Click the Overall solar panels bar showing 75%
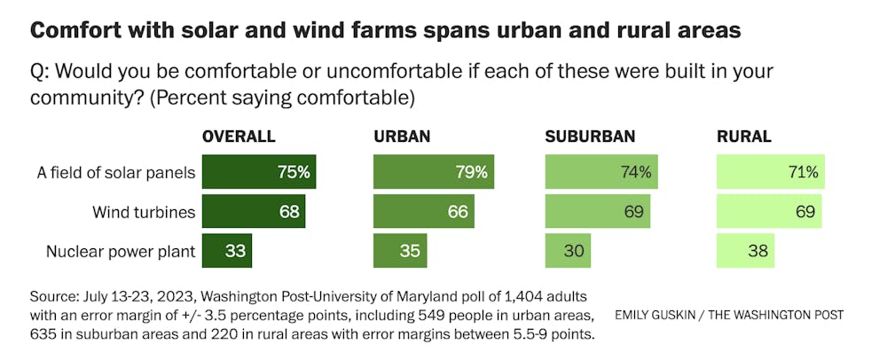[x=259, y=172]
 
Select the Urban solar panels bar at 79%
[x=433, y=172]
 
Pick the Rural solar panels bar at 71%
[x=770, y=172]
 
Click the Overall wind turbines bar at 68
[x=254, y=211]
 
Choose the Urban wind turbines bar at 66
[x=423, y=211]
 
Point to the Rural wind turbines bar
[x=768, y=211]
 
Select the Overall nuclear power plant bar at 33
[x=227, y=251]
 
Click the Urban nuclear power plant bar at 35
[x=399, y=251]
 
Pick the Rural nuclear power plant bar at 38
[x=745, y=251]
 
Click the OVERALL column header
[x=239, y=137]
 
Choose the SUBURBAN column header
[x=591, y=137]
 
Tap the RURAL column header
[x=743, y=137]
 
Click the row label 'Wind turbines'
[x=144, y=212]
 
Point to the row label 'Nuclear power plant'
[x=121, y=251]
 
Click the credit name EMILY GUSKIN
[x=652, y=315]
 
